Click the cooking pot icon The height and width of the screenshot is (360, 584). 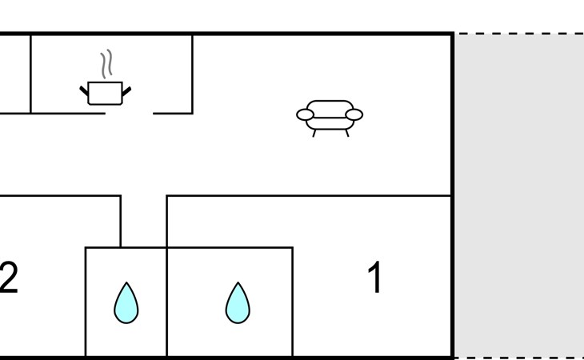point(105,94)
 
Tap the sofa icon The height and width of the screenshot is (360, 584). point(330,117)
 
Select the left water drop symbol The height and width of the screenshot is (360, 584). point(126,303)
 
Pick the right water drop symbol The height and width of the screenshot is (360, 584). point(237,303)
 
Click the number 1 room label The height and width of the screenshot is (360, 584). point(374,278)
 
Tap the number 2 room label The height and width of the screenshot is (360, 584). point(8,278)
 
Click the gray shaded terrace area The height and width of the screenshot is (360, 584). point(520,196)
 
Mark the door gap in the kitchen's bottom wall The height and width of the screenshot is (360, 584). point(129,114)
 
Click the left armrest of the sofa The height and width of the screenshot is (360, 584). point(305,115)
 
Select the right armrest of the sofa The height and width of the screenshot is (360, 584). point(354,115)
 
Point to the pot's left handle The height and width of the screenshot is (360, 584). point(83,90)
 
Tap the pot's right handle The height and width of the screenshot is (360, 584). point(126,90)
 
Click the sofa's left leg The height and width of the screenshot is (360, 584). point(314,133)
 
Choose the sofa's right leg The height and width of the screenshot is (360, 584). point(346,133)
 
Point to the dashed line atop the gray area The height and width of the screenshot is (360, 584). point(520,34)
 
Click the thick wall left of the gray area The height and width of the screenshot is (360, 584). point(454,196)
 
